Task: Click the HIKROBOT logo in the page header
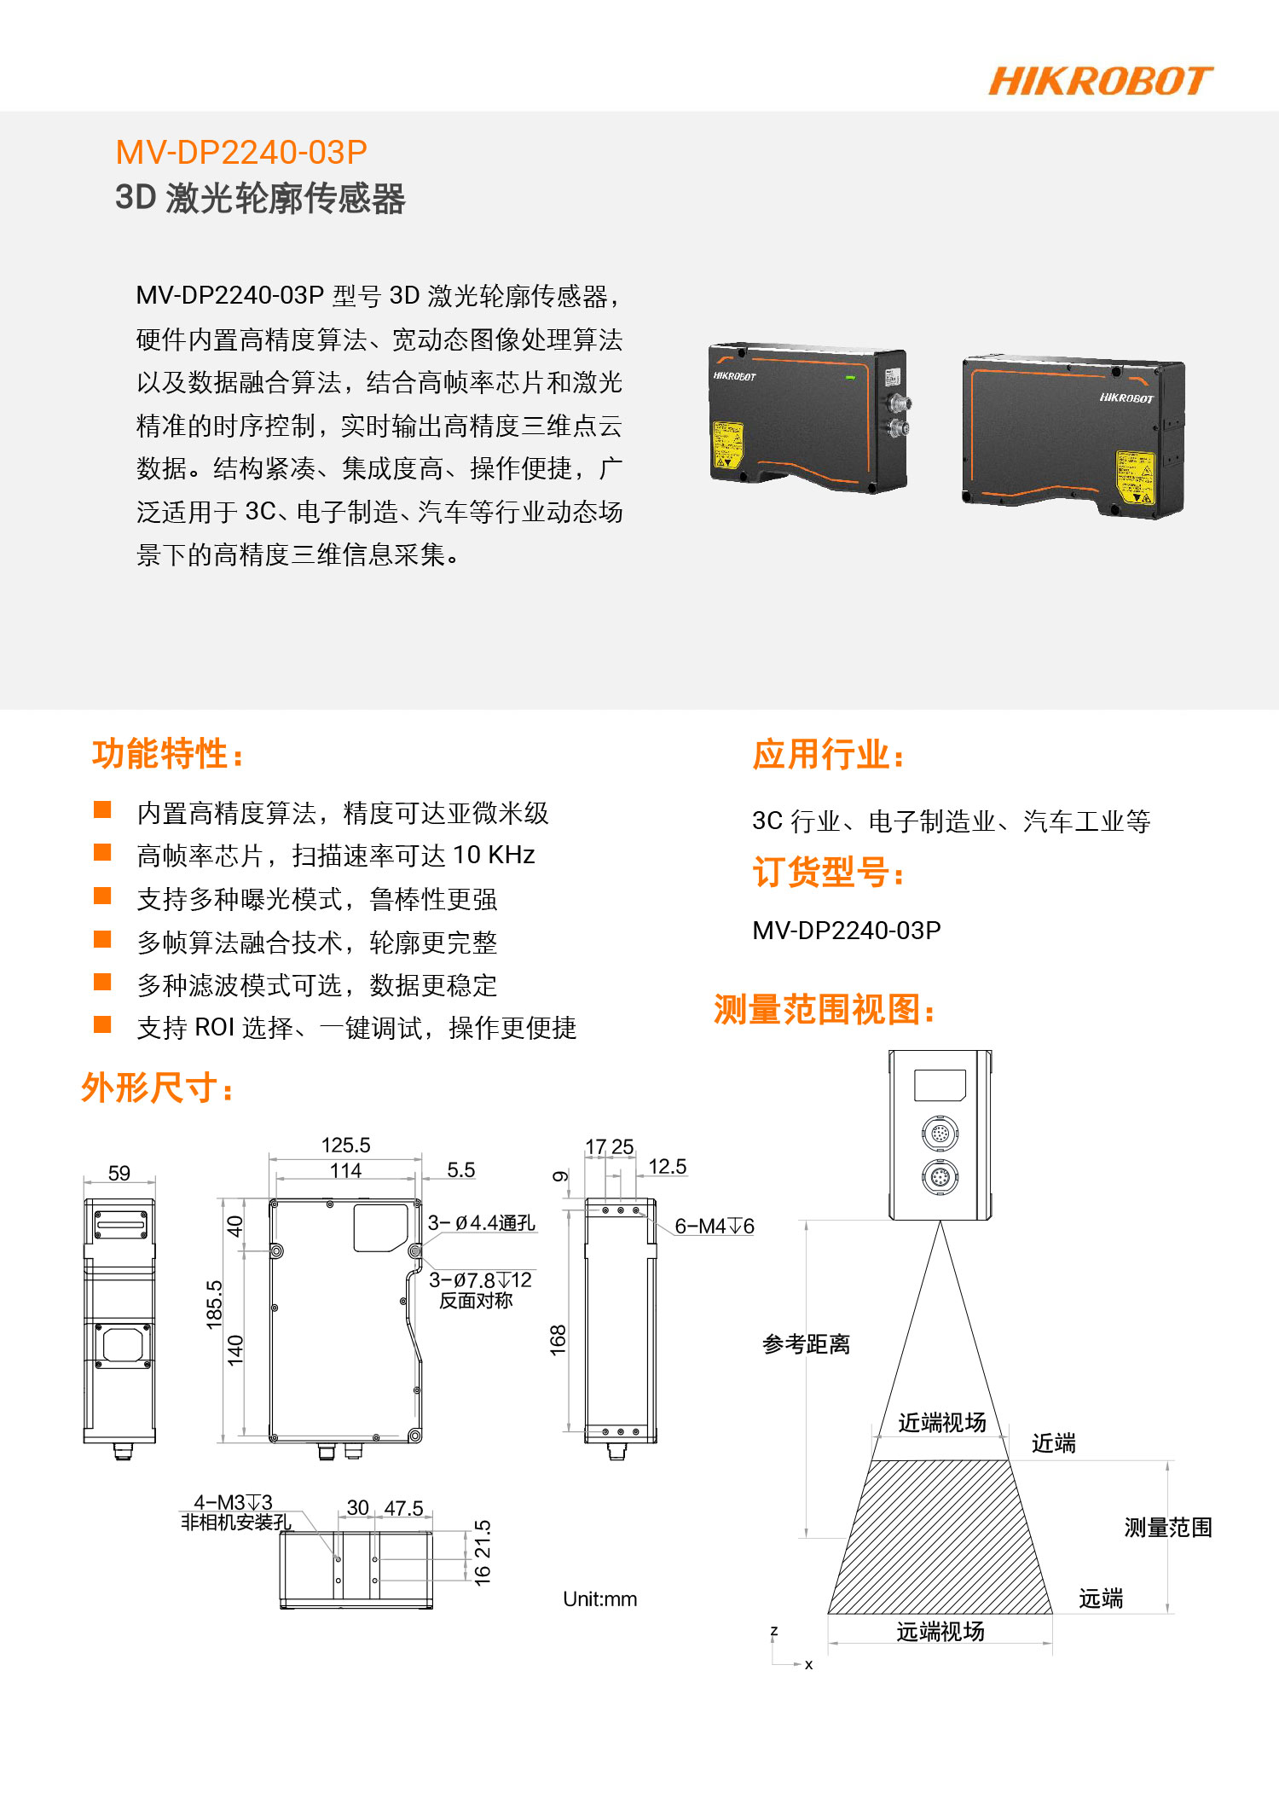[x=1101, y=81]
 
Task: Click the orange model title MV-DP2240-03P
[x=241, y=153]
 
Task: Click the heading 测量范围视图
[x=825, y=1010]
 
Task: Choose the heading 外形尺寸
[x=158, y=1088]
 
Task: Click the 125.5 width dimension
[x=345, y=1145]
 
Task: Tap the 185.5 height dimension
[x=214, y=1304]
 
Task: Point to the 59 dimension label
[x=119, y=1173]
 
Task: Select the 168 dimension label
[x=558, y=1340]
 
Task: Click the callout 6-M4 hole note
[x=715, y=1226]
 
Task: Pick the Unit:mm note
[x=599, y=1599]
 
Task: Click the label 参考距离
[x=806, y=1344]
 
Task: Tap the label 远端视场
[x=940, y=1632]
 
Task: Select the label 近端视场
[x=941, y=1422]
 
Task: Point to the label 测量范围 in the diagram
[x=1168, y=1528]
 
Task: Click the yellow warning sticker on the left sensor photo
[x=727, y=444]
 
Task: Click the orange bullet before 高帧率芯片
[x=102, y=852]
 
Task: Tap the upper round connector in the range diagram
[x=940, y=1134]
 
